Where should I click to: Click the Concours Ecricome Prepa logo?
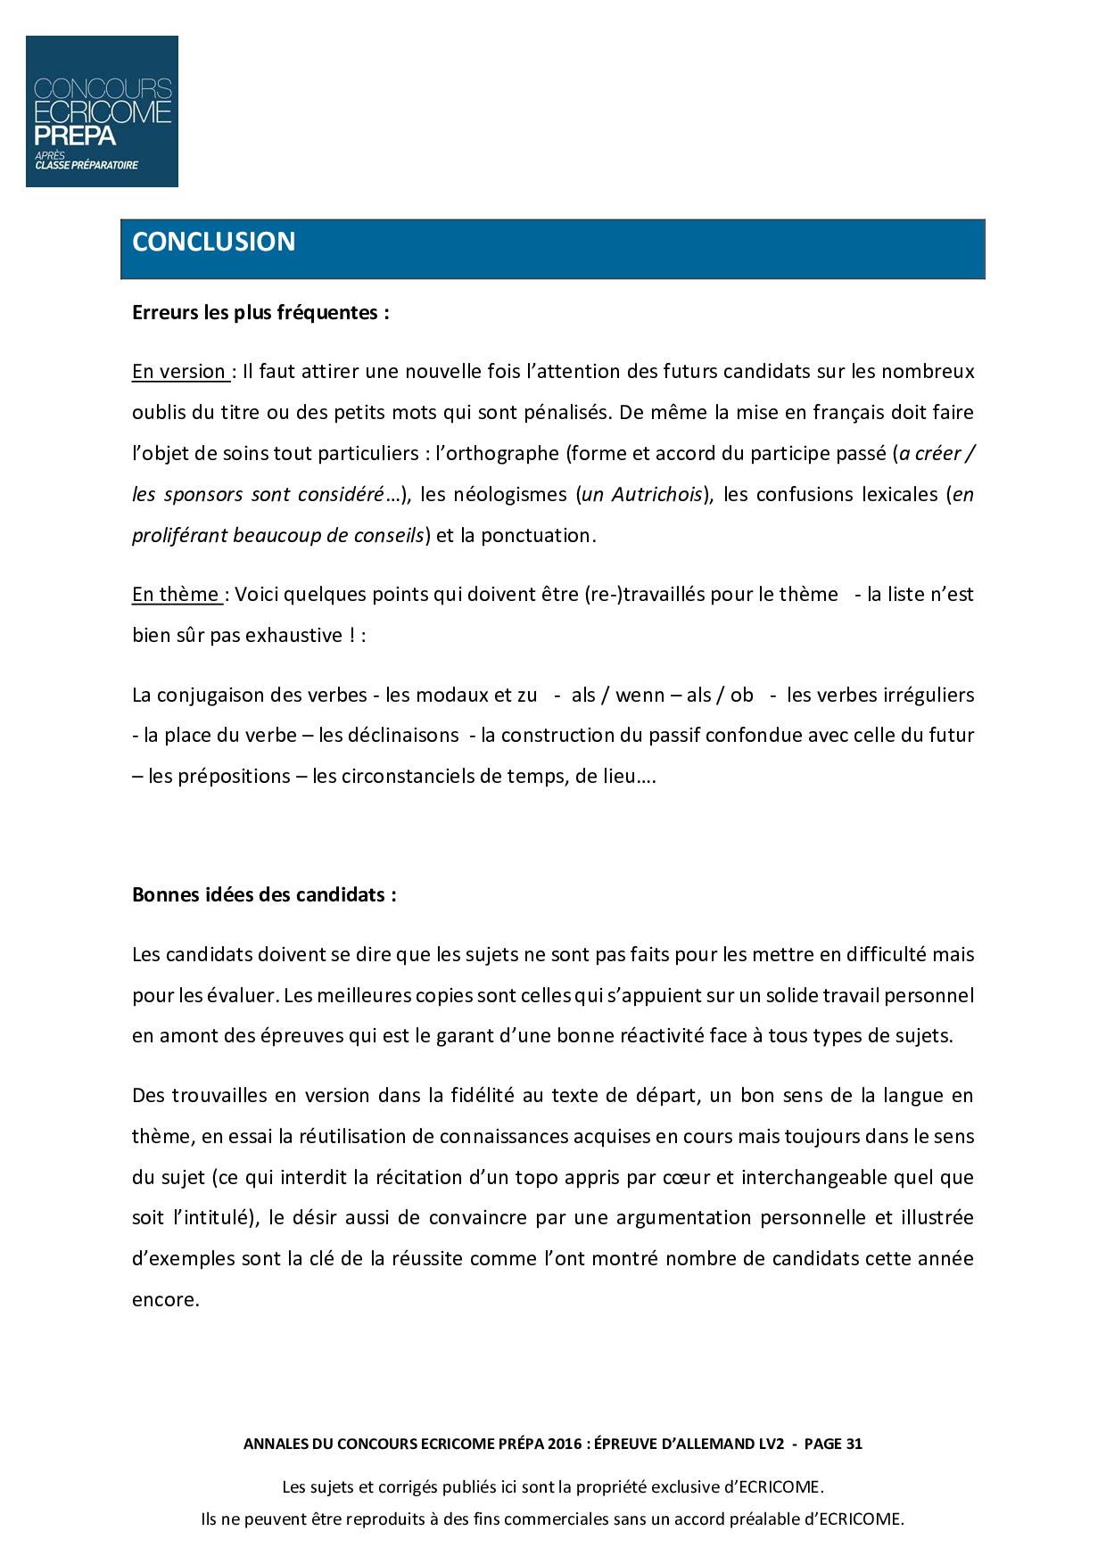(102, 111)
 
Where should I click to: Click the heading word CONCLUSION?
(213, 242)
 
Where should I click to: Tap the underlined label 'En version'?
(179, 372)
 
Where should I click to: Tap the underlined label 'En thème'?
(176, 595)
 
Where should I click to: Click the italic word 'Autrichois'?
(656, 495)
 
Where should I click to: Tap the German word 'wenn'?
(640, 696)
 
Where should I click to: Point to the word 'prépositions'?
(219, 777)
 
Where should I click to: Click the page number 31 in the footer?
(854, 1445)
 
